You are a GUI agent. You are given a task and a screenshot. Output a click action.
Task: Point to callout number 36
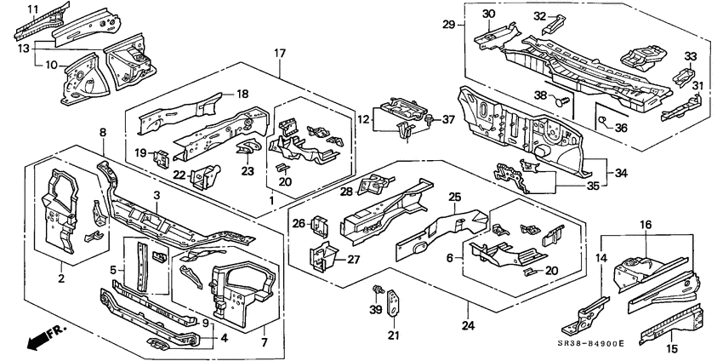(622, 128)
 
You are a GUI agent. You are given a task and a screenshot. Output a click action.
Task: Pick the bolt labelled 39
(376, 295)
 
